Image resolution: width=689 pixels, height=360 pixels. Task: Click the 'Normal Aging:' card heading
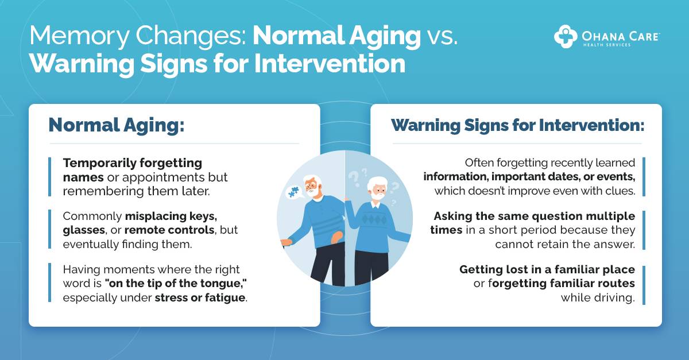117,125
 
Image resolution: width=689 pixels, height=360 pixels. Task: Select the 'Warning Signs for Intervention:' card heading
517,125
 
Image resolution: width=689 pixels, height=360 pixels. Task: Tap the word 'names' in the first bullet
83,177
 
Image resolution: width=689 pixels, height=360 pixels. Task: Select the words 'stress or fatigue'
200,297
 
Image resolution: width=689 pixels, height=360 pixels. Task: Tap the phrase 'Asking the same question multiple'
534,216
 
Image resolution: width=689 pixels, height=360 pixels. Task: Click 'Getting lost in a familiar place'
547,269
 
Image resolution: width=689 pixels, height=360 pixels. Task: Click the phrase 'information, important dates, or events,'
529,177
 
